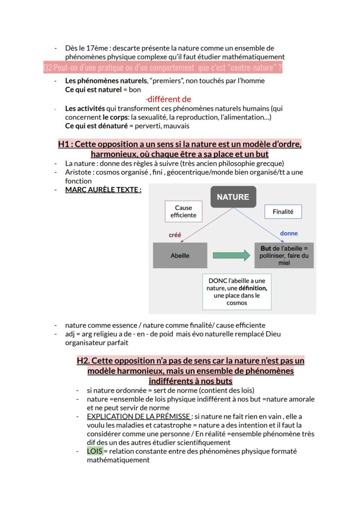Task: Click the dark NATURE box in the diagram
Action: tap(233, 197)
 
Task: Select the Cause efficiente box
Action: tap(183, 212)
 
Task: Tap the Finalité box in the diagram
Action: tap(283, 212)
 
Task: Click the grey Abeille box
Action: tap(180, 256)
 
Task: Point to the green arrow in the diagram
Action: tap(232, 256)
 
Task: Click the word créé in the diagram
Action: tap(175, 235)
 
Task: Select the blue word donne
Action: tap(289, 233)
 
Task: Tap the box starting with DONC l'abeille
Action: tap(237, 292)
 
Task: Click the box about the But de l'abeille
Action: tap(284, 256)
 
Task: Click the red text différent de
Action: tap(169, 100)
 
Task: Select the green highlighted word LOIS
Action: tap(94, 451)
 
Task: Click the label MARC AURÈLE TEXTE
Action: tap(103, 190)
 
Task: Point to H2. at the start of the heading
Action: tap(83, 361)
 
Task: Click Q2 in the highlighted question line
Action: tap(48, 68)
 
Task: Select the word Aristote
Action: tap(78, 172)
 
